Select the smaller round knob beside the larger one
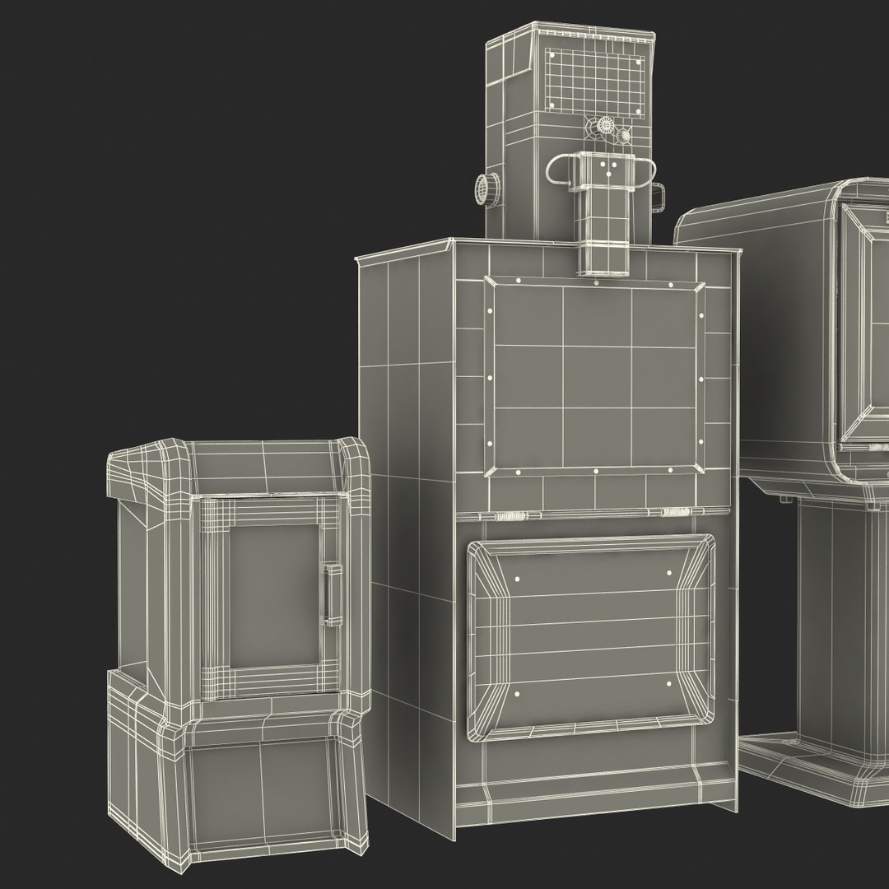click(x=625, y=133)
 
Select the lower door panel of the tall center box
click(x=591, y=634)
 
